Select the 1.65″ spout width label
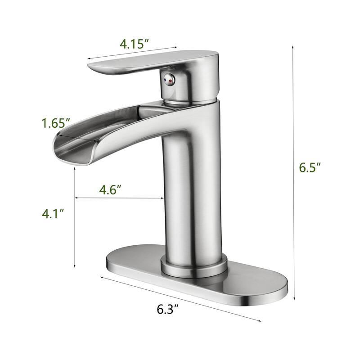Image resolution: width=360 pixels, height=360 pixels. click(56, 123)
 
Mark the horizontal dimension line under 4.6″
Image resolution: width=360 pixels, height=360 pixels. click(119, 198)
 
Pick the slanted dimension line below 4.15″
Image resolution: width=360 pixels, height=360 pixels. click(133, 52)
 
